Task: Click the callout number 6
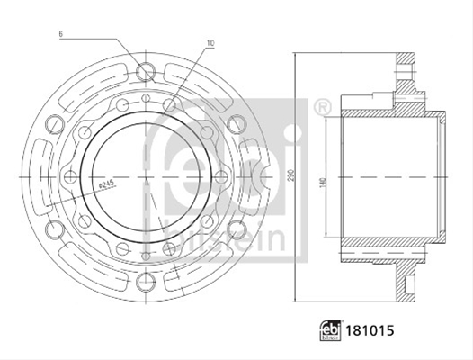click(x=61, y=34)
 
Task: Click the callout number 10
click(x=210, y=43)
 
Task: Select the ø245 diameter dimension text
click(x=106, y=184)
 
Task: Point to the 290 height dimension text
click(x=290, y=175)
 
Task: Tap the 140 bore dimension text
click(x=323, y=182)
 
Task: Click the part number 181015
click(x=370, y=330)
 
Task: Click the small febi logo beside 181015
click(x=331, y=330)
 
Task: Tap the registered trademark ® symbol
click(x=323, y=107)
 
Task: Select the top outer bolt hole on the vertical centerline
click(x=146, y=72)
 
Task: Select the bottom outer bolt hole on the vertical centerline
click(x=146, y=282)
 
